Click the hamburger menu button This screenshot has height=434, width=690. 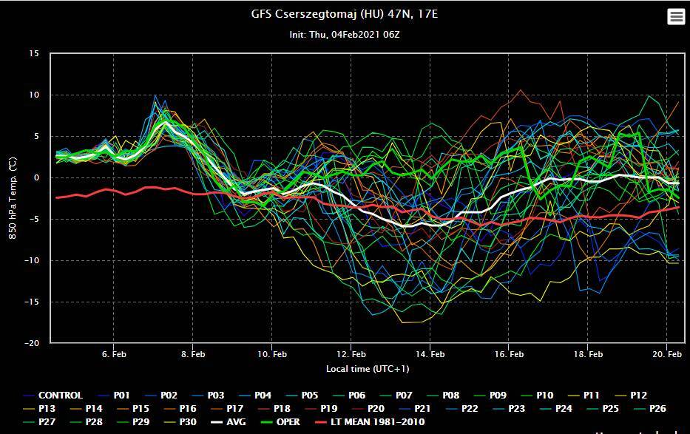[x=676, y=17]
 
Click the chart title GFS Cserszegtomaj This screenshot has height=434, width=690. [x=345, y=14]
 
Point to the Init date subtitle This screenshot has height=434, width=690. [x=345, y=34]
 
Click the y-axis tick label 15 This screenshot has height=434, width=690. [x=34, y=53]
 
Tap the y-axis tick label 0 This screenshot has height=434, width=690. [x=36, y=177]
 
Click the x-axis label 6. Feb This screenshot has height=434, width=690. [x=114, y=354]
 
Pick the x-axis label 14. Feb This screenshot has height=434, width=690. [x=430, y=354]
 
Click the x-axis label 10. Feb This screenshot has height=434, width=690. [x=271, y=354]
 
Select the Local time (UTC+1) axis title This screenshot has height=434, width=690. [x=368, y=368]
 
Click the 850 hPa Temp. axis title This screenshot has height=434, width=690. [x=13, y=198]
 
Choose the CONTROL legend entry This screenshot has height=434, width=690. [x=60, y=396]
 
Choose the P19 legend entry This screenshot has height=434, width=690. [x=328, y=409]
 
